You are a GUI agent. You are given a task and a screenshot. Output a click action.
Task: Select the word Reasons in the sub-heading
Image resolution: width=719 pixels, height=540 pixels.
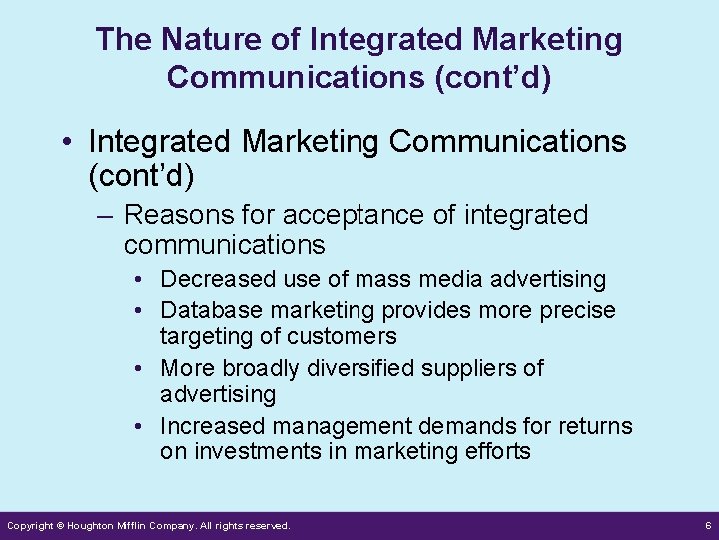pos(174,215)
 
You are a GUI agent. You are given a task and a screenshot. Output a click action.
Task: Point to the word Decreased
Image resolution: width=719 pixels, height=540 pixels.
pos(217,279)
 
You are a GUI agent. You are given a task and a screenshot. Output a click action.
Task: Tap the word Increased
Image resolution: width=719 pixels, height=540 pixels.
pos(212,426)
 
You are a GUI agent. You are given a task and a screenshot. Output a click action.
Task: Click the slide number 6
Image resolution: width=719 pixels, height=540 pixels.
pos(707,525)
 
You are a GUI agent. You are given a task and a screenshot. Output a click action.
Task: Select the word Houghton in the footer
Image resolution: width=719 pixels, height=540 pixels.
pos(96,525)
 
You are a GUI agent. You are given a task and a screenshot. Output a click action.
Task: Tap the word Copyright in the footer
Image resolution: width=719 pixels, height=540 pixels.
pos(30,525)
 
